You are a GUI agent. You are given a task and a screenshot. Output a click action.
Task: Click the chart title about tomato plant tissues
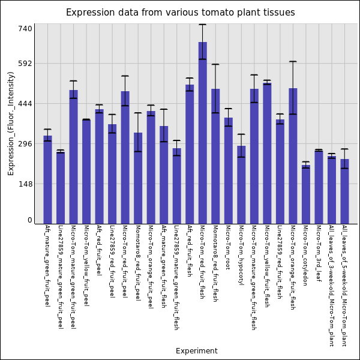click(x=180, y=13)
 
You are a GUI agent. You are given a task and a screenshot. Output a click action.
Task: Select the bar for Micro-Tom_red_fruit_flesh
click(x=203, y=133)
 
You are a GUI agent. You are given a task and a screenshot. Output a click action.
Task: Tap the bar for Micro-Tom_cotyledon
click(x=306, y=194)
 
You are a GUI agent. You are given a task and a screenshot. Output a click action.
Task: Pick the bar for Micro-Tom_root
click(x=229, y=170)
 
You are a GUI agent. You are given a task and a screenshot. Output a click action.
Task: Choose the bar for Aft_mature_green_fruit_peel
click(x=47, y=179)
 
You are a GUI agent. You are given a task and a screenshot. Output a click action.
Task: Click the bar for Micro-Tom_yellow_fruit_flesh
click(x=267, y=153)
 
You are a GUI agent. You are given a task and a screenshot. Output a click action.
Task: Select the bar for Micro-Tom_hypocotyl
click(x=241, y=185)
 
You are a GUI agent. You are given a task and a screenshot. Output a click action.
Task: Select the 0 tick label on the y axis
click(x=29, y=220)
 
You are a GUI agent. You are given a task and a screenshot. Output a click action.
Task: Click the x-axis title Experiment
click(x=196, y=351)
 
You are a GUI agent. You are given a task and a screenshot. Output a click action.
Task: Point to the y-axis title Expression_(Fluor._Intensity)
click(x=11, y=123)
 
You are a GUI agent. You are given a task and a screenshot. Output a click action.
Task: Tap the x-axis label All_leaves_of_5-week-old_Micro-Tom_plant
click(x=344, y=286)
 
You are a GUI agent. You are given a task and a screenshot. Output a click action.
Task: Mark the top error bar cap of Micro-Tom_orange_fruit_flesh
click(x=293, y=61)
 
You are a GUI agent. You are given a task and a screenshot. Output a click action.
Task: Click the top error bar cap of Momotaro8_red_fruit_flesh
click(x=215, y=64)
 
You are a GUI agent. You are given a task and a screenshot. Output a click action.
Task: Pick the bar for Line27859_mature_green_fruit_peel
click(x=61, y=188)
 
